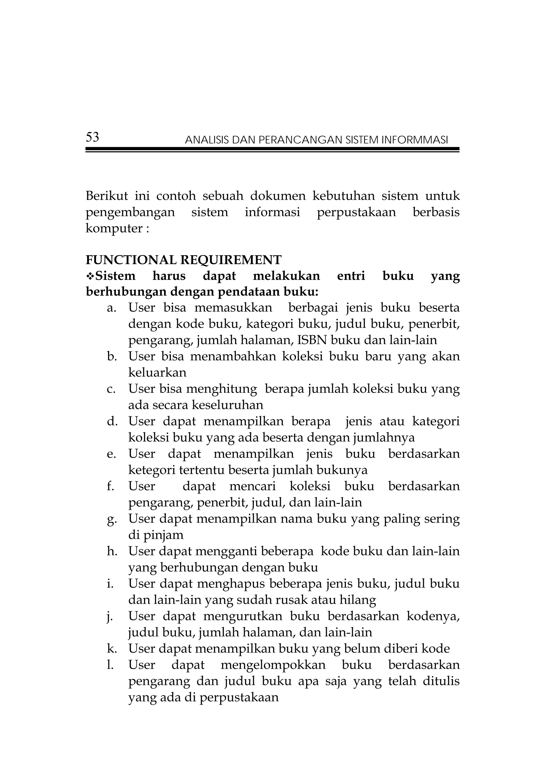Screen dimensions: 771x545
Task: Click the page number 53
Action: point(92,137)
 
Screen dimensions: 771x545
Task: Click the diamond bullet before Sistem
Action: point(90,276)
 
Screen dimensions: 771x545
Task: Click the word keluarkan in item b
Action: point(157,372)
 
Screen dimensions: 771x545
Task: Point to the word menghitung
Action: point(221,389)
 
